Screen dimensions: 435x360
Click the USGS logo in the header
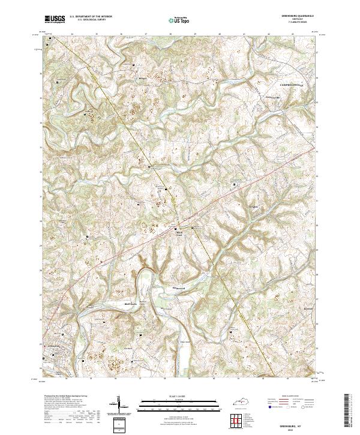click(x=55, y=19)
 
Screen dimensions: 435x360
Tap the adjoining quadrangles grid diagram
click(x=236, y=421)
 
